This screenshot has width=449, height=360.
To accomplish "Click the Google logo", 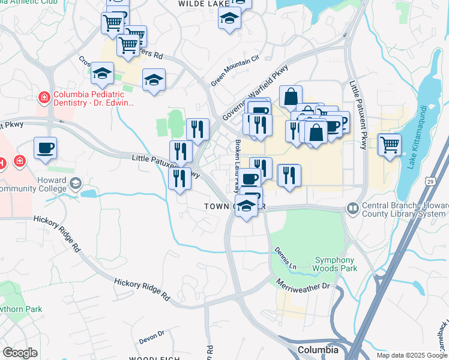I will click(20, 353).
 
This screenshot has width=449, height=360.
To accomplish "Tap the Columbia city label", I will click(318, 350).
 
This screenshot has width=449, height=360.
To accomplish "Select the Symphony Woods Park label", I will click(335, 264).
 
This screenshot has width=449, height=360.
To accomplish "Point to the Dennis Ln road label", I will click(285, 257).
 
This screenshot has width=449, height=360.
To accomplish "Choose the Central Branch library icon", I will click(352, 209).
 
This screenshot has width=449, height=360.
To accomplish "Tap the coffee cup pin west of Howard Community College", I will click(45, 148).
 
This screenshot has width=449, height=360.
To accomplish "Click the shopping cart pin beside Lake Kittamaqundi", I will click(389, 144).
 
